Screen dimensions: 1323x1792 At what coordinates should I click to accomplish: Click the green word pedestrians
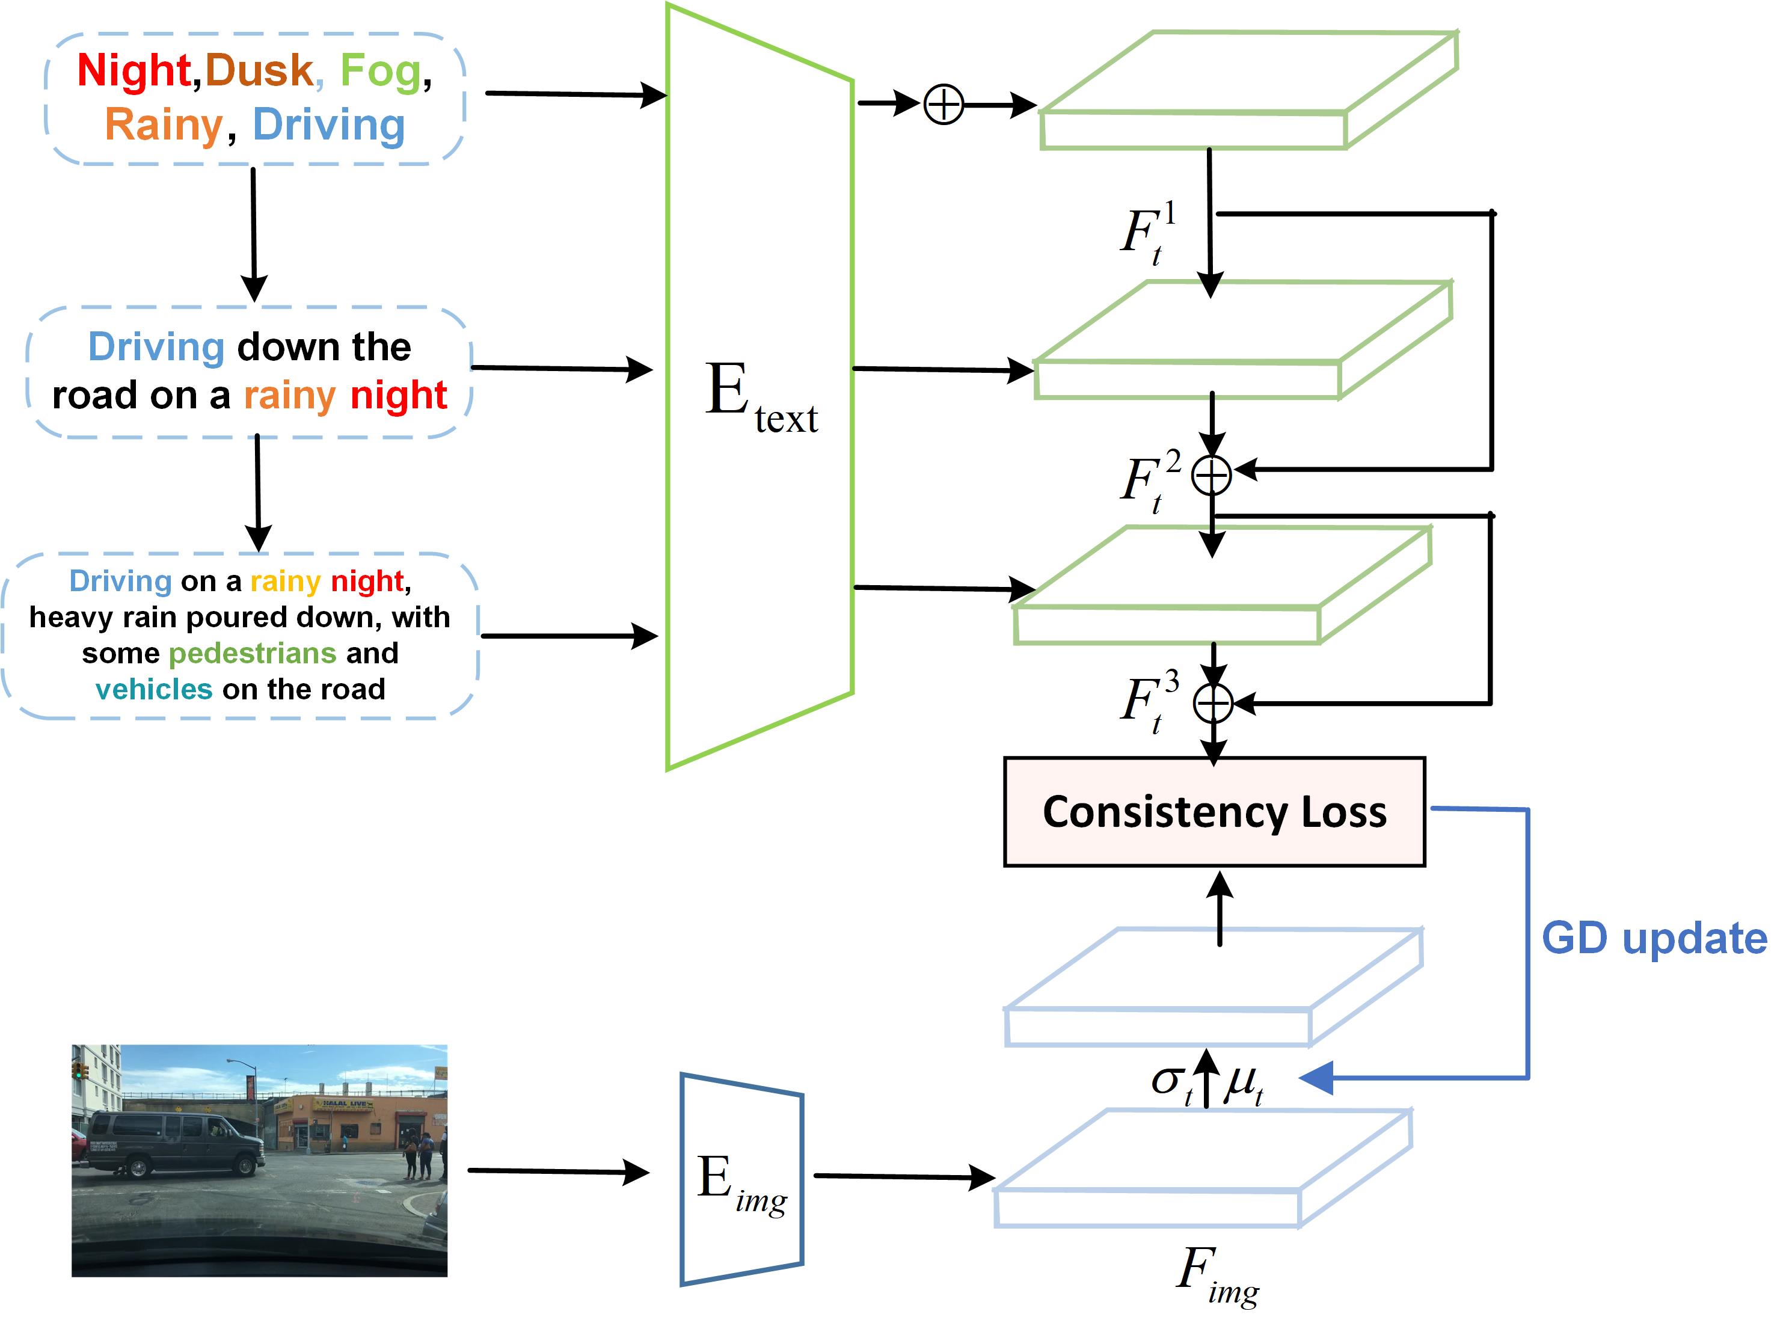(x=252, y=654)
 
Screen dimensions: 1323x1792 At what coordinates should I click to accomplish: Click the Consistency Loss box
(x=1214, y=811)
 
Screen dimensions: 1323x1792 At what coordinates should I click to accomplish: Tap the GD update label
(x=1654, y=939)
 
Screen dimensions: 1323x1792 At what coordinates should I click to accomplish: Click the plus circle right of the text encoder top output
(x=944, y=104)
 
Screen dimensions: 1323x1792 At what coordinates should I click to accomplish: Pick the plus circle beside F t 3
(x=1213, y=704)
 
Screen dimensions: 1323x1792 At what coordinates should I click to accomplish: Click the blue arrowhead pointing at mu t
(x=1316, y=1078)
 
